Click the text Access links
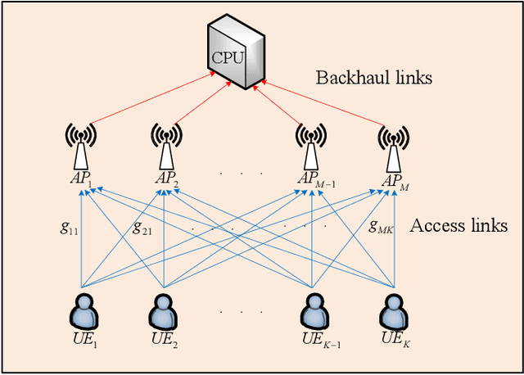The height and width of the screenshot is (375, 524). pos(458,225)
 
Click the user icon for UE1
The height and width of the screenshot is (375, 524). pos(82,311)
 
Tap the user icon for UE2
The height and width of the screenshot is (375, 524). pos(165,311)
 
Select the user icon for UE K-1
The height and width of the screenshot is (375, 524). pos(311,311)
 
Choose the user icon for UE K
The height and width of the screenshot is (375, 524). pos(394,311)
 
